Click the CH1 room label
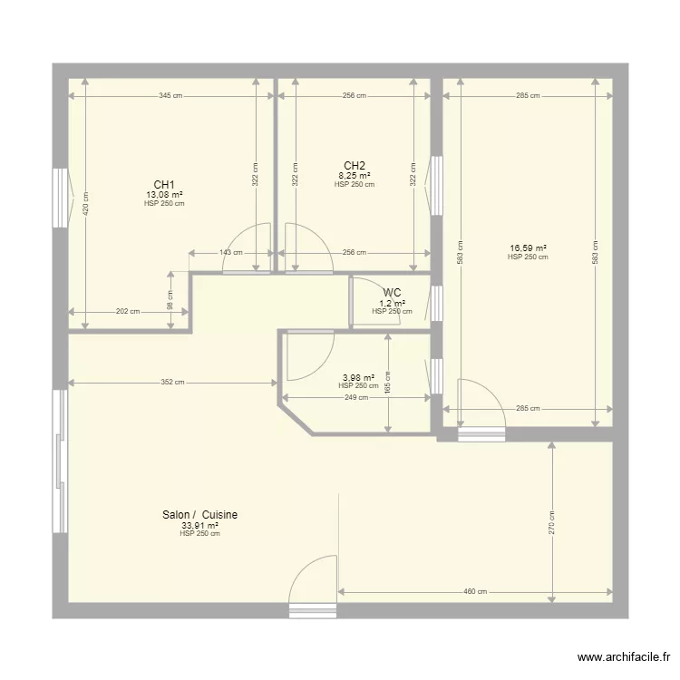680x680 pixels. pyautogui.click(x=164, y=185)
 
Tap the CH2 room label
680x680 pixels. pyautogui.click(x=355, y=166)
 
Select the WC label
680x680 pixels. pyautogui.click(x=392, y=293)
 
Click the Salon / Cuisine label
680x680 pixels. pyautogui.click(x=200, y=515)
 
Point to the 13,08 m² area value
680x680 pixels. pyautogui.click(x=164, y=195)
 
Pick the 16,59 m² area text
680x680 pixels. pyautogui.click(x=528, y=248)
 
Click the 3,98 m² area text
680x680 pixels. pyautogui.click(x=359, y=378)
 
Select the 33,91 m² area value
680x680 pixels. pyautogui.click(x=200, y=526)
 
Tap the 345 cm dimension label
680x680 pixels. pyautogui.click(x=170, y=96)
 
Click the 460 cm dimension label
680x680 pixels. pyautogui.click(x=475, y=591)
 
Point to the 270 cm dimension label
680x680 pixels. pyautogui.click(x=551, y=522)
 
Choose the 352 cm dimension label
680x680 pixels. pyautogui.click(x=172, y=382)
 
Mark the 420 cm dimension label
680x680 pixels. pyautogui.click(x=85, y=203)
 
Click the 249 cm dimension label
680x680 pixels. pyautogui.click(x=356, y=397)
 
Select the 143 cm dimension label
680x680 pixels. pyautogui.click(x=231, y=252)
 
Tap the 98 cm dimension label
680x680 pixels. pyautogui.click(x=170, y=300)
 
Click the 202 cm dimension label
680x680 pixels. pyautogui.click(x=128, y=311)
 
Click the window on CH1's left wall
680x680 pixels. pyautogui.click(x=60, y=198)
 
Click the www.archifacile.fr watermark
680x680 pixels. pyautogui.click(x=624, y=657)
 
